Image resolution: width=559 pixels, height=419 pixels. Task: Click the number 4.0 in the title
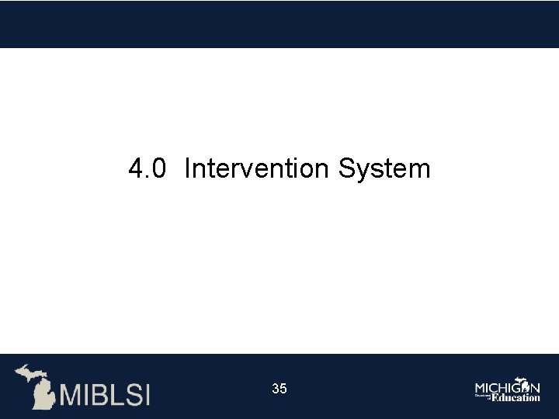tap(147, 168)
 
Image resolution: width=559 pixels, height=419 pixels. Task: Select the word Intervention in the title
tap(258, 168)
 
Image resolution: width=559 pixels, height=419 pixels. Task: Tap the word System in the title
tap(384, 168)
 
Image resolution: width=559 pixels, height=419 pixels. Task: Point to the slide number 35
tap(279, 389)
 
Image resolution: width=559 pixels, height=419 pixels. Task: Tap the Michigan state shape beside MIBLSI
tap(35, 386)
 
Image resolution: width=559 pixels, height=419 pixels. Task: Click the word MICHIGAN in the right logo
tap(507, 386)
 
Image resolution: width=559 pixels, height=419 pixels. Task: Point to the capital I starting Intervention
tap(188, 168)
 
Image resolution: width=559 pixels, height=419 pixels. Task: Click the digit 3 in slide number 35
tap(276, 389)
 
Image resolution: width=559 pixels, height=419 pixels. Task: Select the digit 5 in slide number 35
tap(283, 389)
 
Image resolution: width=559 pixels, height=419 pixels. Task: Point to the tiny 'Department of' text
tap(482, 396)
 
